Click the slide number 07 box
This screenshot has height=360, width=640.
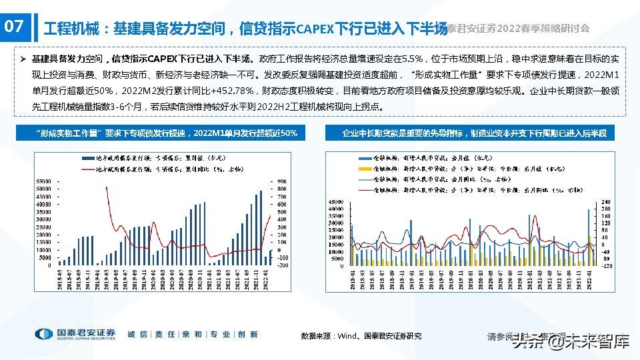tap(15, 27)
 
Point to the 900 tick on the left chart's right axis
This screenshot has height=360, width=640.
tap(283, 181)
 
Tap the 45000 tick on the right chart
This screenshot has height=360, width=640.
tap(336, 201)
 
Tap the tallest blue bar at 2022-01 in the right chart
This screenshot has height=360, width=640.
tap(589, 210)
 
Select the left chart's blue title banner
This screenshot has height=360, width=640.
tap(167, 133)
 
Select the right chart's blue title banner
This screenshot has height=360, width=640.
tap(474, 133)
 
